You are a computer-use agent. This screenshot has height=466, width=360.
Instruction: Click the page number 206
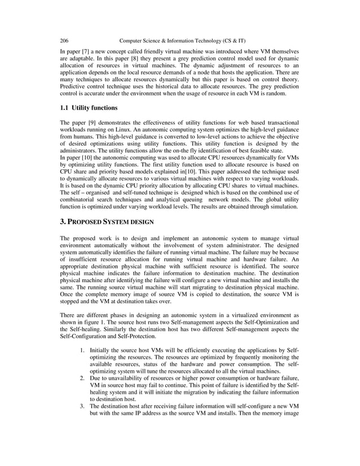(x=64, y=41)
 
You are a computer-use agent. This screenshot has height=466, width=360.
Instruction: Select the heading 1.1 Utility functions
(x=89, y=108)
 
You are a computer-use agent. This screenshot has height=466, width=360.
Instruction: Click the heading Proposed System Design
(x=108, y=222)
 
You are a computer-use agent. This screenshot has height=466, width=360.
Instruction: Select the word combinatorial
(x=80, y=200)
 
